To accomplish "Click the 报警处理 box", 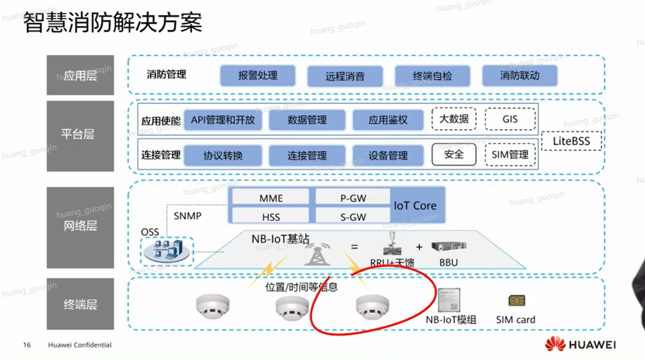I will pyautogui.click(x=258, y=76).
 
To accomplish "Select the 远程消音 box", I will pyautogui.click(x=345, y=77).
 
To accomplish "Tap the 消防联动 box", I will pyautogui.click(x=519, y=76).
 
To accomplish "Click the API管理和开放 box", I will pyautogui.click(x=223, y=120).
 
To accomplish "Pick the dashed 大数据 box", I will pyautogui.click(x=454, y=119).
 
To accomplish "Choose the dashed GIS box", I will pyautogui.click(x=510, y=119).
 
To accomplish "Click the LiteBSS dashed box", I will pyautogui.click(x=571, y=141).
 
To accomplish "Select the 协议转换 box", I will pyautogui.click(x=223, y=156).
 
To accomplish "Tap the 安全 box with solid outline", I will pyautogui.click(x=454, y=154).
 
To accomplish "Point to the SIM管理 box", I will pyautogui.click(x=510, y=154).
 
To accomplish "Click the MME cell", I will pyautogui.click(x=271, y=198).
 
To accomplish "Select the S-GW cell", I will pyautogui.click(x=353, y=217).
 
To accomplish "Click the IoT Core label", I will pyautogui.click(x=415, y=206).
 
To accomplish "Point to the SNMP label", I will pyautogui.click(x=187, y=216).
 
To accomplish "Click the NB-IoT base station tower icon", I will pyautogui.click(x=317, y=252).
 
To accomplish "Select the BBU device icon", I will pyautogui.click(x=449, y=247).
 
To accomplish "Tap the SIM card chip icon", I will pyautogui.click(x=516, y=301).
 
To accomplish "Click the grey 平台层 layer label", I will pyautogui.click(x=80, y=135).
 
